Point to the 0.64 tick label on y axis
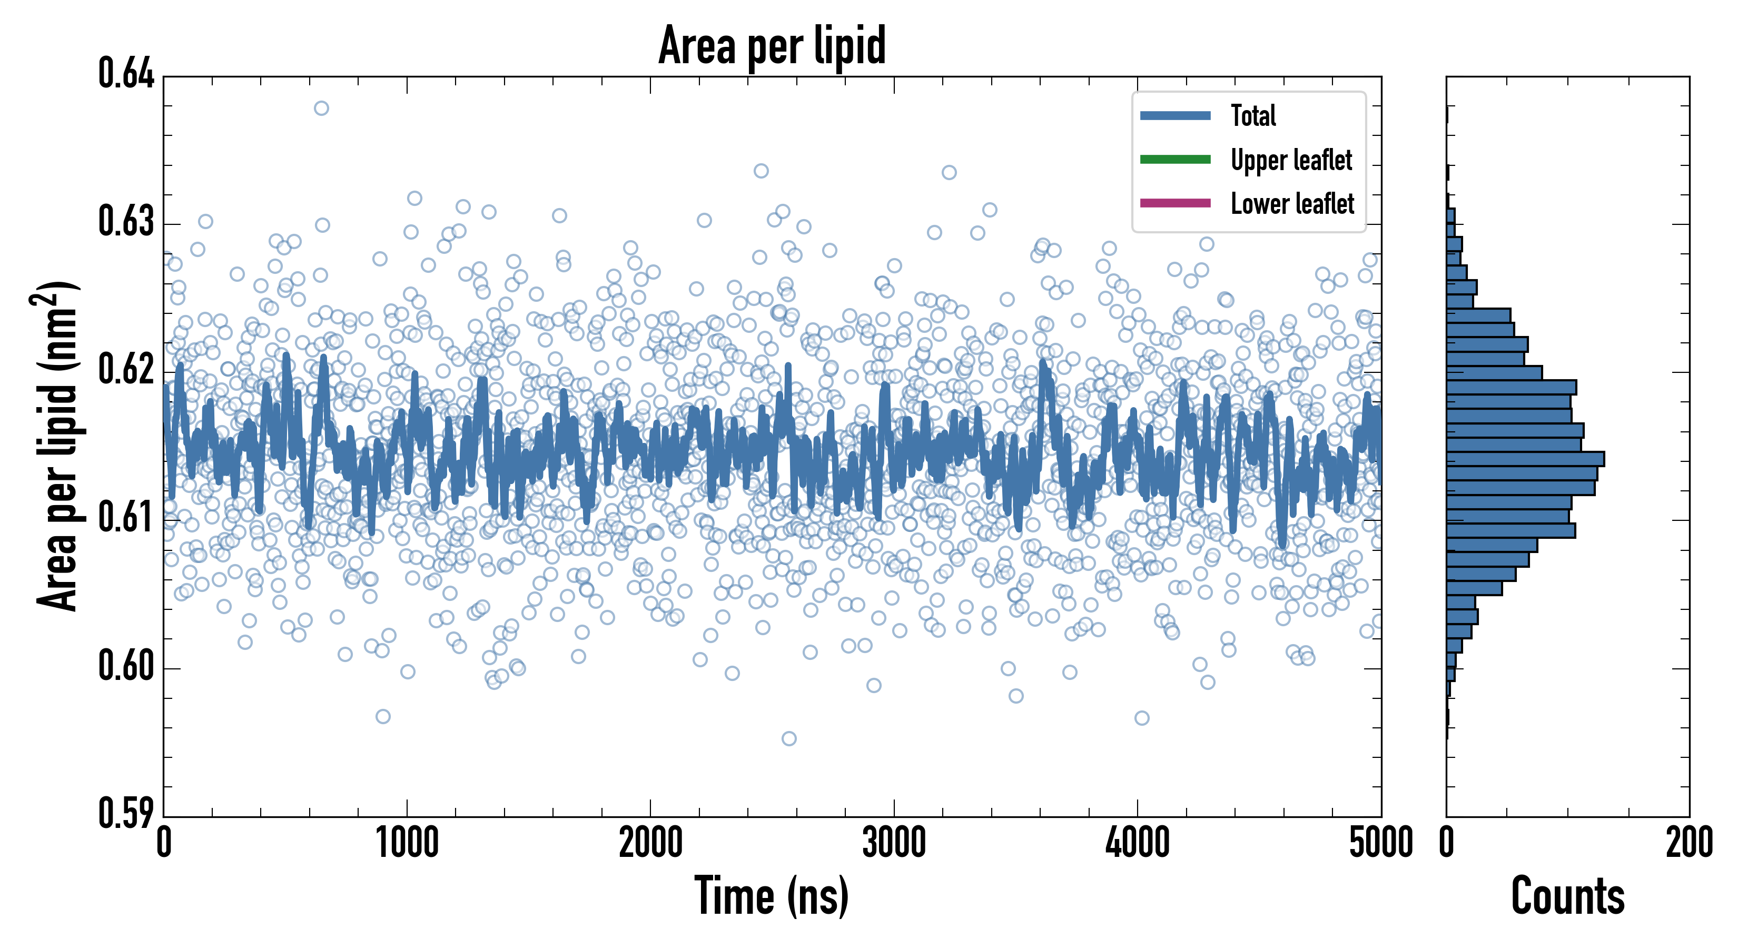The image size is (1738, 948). coord(126,74)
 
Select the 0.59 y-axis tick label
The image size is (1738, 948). coord(126,814)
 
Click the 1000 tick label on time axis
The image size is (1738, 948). coord(407,843)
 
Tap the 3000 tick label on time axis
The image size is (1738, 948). coord(894,843)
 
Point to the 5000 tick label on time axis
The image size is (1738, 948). coord(1380,843)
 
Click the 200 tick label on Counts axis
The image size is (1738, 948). coord(1688,843)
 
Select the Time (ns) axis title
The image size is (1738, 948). coord(772,896)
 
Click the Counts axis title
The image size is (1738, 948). coord(1567,896)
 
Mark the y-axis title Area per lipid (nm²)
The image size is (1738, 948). coord(57,446)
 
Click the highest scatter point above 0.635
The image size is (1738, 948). coord(321,108)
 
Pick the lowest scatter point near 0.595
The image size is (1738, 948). coord(789,739)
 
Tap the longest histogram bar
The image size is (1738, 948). coord(1525,459)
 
